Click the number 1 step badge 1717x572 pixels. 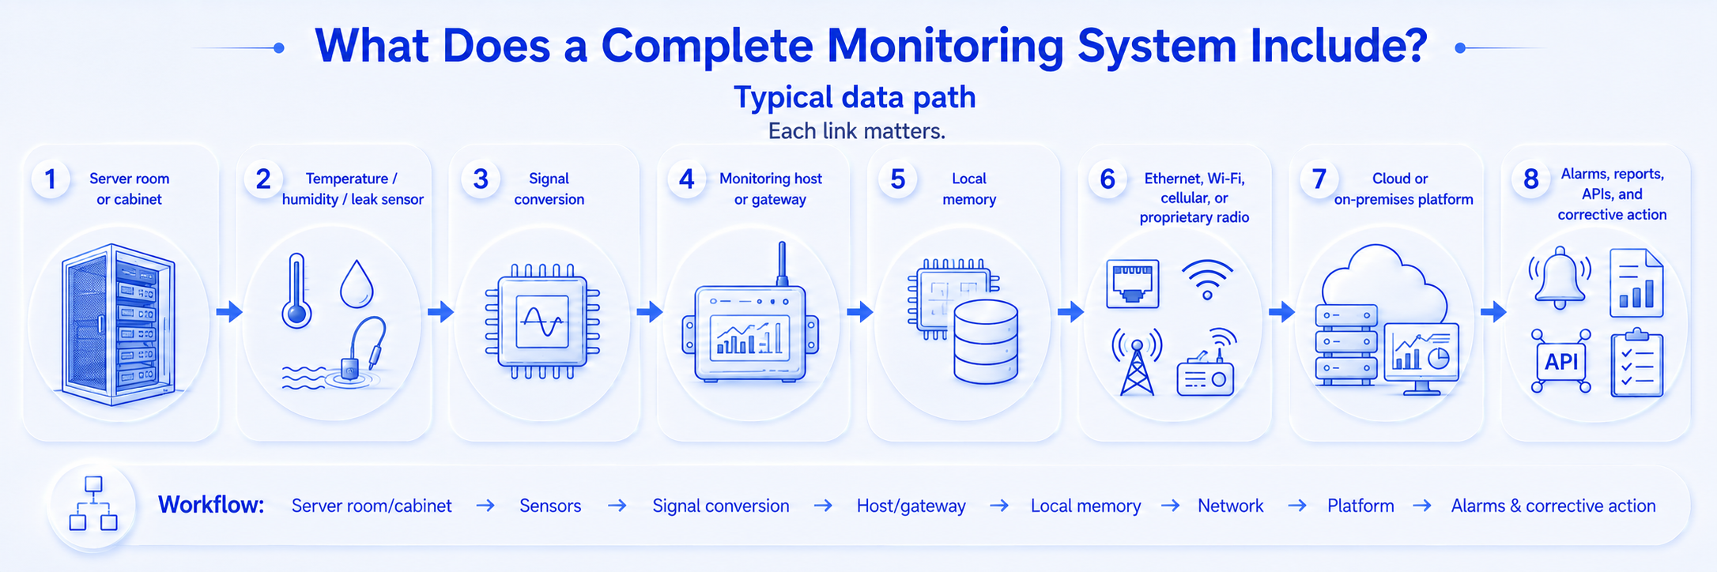click(x=51, y=179)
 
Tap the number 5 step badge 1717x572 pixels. click(x=898, y=179)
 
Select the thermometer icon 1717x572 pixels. click(x=296, y=290)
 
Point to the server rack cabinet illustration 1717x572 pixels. click(x=119, y=324)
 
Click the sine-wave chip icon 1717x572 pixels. click(x=542, y=322)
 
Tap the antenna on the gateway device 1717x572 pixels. click(x=782, y=264)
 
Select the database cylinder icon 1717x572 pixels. click(x=986, y=341)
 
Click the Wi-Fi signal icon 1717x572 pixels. click(x=1207, y=279)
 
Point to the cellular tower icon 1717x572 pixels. click(x=1137, y=362)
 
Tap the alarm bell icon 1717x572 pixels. click(x=1560, y=278)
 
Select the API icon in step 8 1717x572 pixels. click(x=1561, y=361)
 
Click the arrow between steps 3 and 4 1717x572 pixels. click(x=650, y=312)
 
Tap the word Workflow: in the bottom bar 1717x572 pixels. click(x=211, y=505)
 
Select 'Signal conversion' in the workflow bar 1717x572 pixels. click(x=721, y=506)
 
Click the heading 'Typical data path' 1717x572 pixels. click(x=855, y=97)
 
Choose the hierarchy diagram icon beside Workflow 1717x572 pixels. click(x=93, y=503)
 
